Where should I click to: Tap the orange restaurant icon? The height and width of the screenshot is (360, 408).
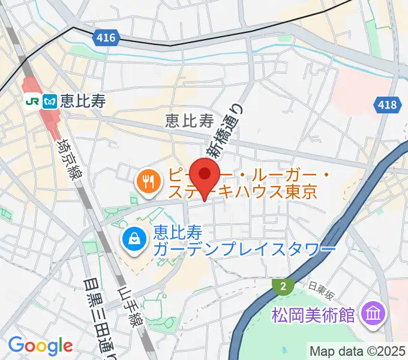pyautogui.click(x=147, y=181)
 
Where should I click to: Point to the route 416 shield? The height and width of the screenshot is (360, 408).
pyautogui.click(x=106, y=38)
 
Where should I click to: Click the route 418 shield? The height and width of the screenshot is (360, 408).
pyautogui.click(x=388, y=106)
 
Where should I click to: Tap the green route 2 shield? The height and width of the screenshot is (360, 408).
pyautogui.click(x=281, y=287)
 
